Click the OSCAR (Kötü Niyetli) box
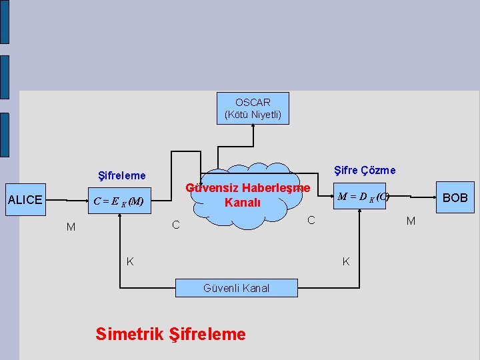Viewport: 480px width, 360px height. [253, 108]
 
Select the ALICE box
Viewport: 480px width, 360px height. [25, 199]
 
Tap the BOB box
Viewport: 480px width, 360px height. [455, 197]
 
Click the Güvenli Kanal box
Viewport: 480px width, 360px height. [237, 288]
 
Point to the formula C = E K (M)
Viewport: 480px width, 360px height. [119, 201]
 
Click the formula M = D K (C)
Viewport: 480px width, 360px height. [363, 197]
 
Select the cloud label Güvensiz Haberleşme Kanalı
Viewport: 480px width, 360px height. [247, 195]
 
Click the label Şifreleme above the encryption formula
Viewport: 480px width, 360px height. [121, 176]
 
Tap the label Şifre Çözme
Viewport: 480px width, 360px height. [364, 171]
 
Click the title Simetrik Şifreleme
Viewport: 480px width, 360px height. [171, 333]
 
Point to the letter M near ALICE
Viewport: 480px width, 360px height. [71, 227]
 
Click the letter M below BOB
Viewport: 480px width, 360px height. [411, 221]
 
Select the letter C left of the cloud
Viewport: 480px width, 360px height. [176, 226]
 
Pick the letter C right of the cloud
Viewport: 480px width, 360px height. [311, 220]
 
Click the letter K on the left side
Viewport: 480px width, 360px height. [130, 261]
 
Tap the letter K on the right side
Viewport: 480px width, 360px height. [346, 261]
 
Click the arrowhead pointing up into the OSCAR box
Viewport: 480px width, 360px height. [253, 127]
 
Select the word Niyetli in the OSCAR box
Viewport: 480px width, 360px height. [265, 115]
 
